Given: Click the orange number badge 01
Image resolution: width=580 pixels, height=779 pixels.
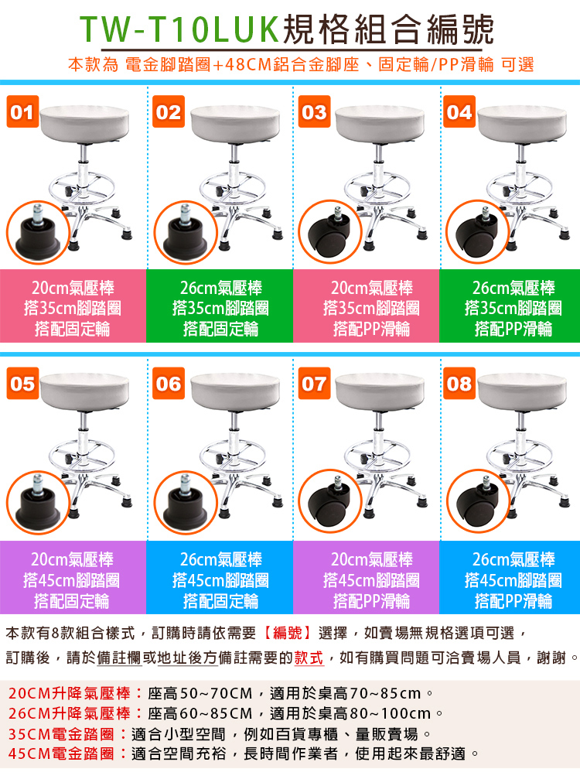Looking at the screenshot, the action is click(23, 111).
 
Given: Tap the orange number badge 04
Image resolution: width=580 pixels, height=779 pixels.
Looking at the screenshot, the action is click(459, 111).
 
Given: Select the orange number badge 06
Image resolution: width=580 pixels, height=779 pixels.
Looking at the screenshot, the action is click(169, 383).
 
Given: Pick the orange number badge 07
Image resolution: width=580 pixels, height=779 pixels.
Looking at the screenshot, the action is click(314, 383).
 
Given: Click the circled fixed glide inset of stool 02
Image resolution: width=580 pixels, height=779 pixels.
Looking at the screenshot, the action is click(186, 233).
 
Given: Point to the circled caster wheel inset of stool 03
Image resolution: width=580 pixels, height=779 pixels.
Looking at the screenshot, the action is click(330, 231).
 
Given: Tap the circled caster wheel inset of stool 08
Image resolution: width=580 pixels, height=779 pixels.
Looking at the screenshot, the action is click(478, 501).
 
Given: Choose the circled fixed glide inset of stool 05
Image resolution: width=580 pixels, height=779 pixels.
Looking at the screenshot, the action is click(38, 502).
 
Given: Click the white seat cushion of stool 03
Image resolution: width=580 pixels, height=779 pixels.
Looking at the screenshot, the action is click(380, 123).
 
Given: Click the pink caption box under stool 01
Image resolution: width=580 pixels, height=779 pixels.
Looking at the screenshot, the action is click(73, 306).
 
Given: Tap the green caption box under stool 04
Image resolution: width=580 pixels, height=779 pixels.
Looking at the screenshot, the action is click(510, 306).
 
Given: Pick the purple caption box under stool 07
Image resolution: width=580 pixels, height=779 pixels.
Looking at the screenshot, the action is click(367, 577).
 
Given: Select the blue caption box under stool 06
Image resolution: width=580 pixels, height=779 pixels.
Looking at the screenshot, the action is click(220, 577).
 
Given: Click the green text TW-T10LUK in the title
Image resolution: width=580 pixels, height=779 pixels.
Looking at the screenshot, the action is click(179, 29).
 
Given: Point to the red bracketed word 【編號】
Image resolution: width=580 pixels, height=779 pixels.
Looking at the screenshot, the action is click(287, 633).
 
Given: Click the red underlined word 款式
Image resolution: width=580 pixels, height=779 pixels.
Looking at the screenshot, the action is click(309, 658).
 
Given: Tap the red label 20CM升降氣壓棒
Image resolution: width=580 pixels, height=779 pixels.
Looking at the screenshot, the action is click(70, 693).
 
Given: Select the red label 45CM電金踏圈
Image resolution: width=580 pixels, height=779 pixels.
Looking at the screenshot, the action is click(62, 753).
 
